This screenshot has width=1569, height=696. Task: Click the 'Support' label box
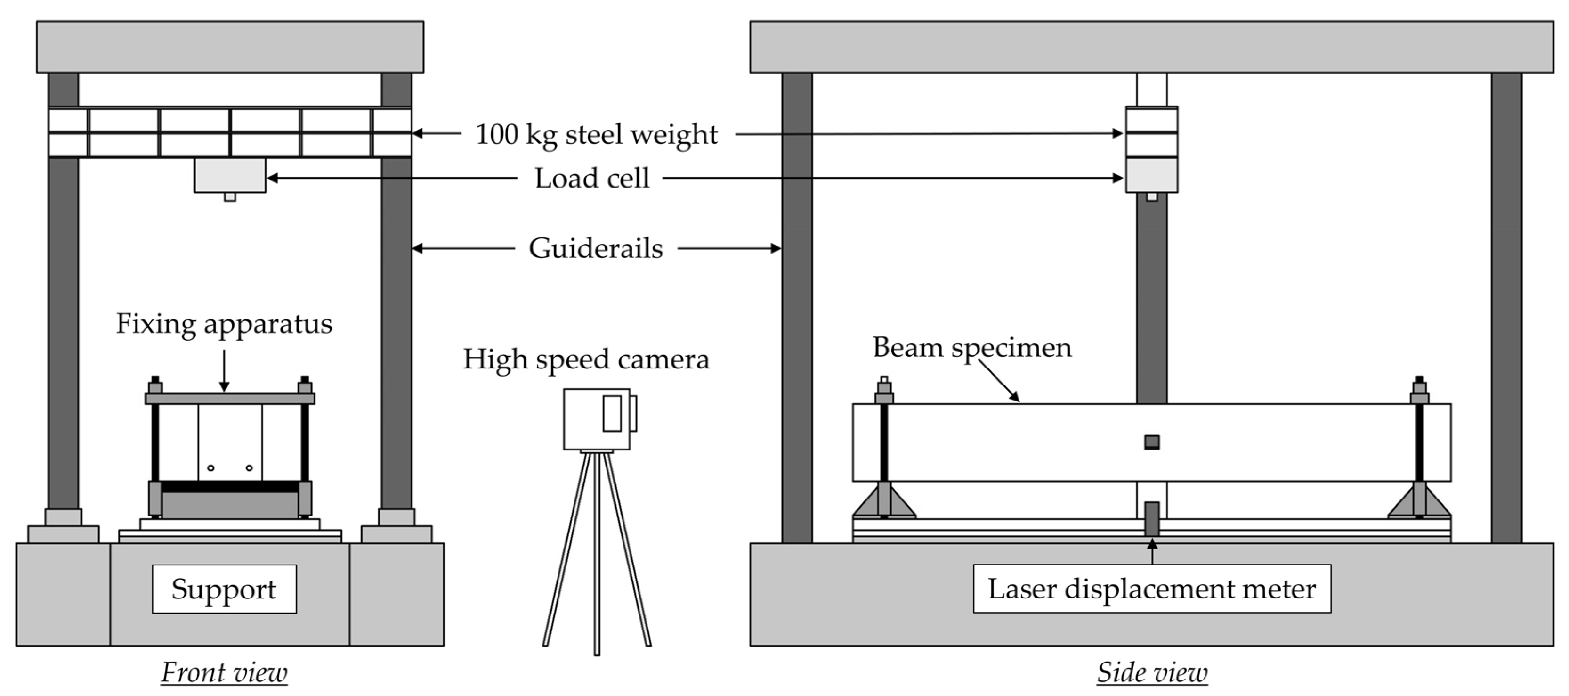point(224,589)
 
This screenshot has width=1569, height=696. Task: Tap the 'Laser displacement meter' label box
point(1152,589)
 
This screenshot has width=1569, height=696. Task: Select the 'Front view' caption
point(224,673)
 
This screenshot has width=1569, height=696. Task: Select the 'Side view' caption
point(1152,673)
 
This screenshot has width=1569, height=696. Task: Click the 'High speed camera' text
point(586,359)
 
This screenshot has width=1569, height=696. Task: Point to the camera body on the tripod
point(597,419)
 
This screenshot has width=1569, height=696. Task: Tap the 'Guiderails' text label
point(596,249)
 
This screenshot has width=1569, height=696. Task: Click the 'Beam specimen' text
point(972,347)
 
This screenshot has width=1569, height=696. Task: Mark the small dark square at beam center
point(1152,442)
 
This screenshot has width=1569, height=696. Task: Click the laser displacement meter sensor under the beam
point(1152,519)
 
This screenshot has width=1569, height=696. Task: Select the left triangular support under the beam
point(884,503)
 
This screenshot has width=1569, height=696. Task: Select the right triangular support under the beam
point(1419,503)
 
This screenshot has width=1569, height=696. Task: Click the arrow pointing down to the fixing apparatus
point(224,372)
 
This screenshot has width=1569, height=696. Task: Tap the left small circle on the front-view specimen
point(211,468)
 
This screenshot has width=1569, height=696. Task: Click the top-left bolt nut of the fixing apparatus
point(155,387)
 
